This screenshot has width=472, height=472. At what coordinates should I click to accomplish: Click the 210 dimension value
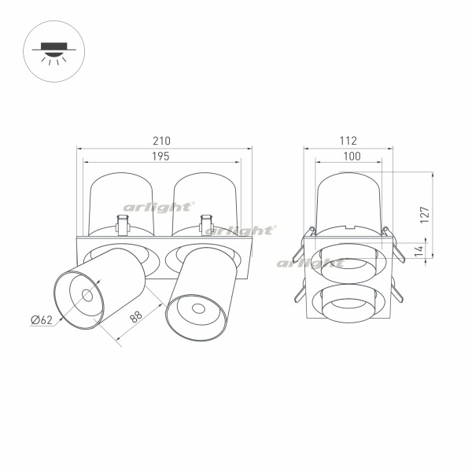click(161, 141)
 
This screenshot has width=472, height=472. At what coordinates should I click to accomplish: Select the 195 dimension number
click(160, 157)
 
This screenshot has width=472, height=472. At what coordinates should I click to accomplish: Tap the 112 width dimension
click(348, 141)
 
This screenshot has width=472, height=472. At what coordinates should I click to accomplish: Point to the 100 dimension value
click(352, 156)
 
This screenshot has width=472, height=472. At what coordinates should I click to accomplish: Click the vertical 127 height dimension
click(425, 215)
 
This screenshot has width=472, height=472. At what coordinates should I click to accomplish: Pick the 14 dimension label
click(419, 251)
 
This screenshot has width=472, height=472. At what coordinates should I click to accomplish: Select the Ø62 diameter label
click(42, 319)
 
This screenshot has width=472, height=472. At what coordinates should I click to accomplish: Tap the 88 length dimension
click(136, 317)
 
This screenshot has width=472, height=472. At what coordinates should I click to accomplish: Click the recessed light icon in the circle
click(53, 52)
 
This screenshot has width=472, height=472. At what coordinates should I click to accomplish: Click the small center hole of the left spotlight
click(87, 296)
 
